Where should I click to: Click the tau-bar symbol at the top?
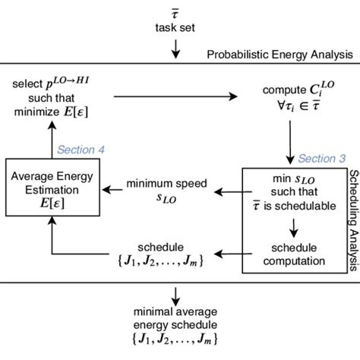click(x=176, y=14)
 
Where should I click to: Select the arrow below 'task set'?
click(x=176, y=49)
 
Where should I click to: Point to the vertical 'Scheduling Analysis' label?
click(x=352, y=195)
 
